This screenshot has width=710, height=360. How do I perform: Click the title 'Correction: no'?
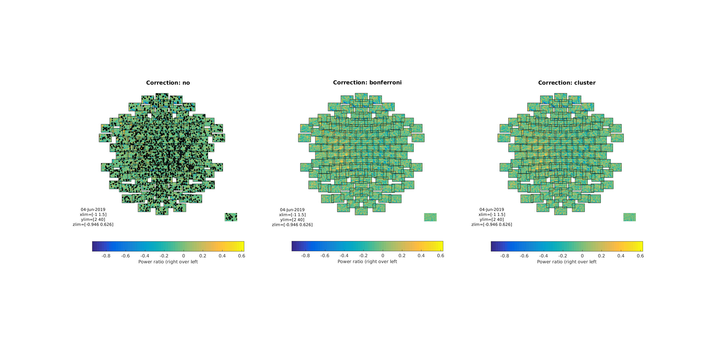click(x=168, y=83)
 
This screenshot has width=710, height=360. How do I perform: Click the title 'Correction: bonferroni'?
click(x=367, y=82)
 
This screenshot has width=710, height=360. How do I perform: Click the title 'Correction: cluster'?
click(x=567, y=83)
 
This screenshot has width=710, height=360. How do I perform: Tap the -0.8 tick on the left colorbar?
click(x=106, y=256)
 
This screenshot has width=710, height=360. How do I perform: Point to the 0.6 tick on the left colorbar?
click(x=241, y=256)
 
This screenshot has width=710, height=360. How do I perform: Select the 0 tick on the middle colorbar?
click(x=383, y=255)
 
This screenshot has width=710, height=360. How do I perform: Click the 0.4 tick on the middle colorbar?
click(x=421, y=255)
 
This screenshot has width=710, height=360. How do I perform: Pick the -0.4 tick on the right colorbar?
click(x=543, y=256)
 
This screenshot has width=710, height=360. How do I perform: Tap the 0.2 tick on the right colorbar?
click(x=601, y=256)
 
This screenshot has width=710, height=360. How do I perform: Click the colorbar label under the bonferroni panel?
click(x=367, y=262)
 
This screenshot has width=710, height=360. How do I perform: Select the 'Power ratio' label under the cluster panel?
click(x=567, y=262)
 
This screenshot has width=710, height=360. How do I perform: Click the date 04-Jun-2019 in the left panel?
click(x=93, y=210)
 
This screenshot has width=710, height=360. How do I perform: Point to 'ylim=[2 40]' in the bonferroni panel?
click(x=292, y=220)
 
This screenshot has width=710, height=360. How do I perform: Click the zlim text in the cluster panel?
click(x=491, y=224)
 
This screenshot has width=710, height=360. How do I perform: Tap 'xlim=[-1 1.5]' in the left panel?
click(x=93, y=214)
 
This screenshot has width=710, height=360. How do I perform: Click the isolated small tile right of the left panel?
click(x=231, y=217)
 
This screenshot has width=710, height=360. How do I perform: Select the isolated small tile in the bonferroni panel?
click(x=430, y=217)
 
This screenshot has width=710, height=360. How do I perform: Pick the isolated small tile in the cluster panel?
click(x=629, y=217)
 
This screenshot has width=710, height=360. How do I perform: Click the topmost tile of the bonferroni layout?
click(x=361, y=96)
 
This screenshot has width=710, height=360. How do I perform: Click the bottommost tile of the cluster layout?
click(x=560, y=211)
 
